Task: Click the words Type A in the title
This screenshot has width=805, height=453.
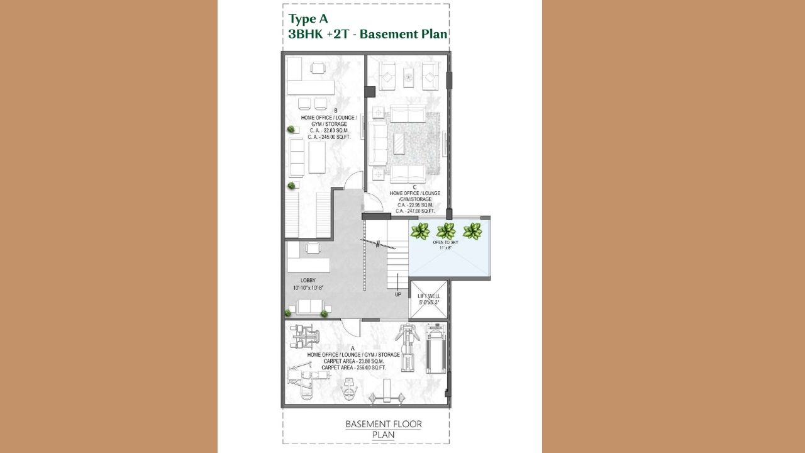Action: coord(308,18)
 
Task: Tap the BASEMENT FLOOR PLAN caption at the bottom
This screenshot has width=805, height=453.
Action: coord(383,429)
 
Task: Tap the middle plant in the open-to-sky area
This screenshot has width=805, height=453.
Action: coord(446,231)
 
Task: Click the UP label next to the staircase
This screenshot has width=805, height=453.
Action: coord(397,294)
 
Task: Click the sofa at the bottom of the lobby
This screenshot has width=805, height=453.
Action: coord(309,307)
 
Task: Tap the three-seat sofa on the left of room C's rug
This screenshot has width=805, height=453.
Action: coord(377,143)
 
